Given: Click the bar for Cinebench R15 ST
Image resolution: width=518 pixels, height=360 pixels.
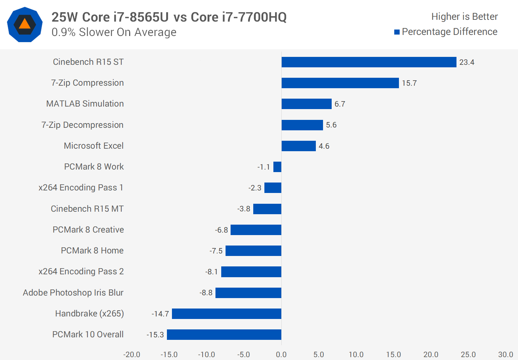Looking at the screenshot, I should pyautogui.click(x=369, y=62).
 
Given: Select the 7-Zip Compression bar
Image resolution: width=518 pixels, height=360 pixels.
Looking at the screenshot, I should pyautogui.click(x=340, y=83).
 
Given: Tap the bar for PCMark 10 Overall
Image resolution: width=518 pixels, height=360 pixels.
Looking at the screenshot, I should pyautogui.click(x=224, y=334).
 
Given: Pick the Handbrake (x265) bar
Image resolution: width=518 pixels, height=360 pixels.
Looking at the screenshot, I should pyautogui.click(x=226, y=314).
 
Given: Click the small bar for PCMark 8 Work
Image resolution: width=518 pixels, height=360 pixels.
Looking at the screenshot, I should pyautogui.click(x=277, y=167).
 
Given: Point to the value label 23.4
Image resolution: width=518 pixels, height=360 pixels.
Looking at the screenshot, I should pyautogui.click(x=467, y=62).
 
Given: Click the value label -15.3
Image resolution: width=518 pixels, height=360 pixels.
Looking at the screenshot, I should pyautogui.click(x=155, y=335).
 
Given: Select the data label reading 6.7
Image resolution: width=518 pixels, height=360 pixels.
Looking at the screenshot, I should pyautogui.click(x=340, y=104).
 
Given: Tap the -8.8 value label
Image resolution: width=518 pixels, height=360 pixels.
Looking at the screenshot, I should pyautogui.click(x=206, y=293).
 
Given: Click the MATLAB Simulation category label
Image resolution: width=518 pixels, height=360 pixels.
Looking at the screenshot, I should pyautogui.click(x=85, y=104).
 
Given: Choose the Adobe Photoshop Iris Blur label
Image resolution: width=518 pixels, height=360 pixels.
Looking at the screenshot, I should pyautogui.click(x=73, y=293).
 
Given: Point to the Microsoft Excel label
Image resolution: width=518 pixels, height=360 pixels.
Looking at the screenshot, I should pyautogui.click(x=94, y=146).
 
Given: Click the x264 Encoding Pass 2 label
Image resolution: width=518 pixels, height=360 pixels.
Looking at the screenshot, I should pyautogui.click(x=81, y=271).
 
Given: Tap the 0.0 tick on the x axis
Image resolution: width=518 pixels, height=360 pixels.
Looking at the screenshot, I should pyautogui.click(x=281, y=355).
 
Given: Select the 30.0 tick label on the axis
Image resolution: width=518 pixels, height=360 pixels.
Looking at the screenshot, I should pyautogui.click(x=505, y=355).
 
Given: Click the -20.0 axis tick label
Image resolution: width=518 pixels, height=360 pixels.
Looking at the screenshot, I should pyautogui.click(x=132, y=355).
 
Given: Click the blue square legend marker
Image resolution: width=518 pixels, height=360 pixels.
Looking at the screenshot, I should pyautogui.click(x=397, y=32).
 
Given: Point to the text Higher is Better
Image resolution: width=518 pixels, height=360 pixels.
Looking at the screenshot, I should pyautogui.click(x=464, y=17).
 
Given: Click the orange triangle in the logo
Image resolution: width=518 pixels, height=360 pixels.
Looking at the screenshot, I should pyautogui.click(x=24, y=24).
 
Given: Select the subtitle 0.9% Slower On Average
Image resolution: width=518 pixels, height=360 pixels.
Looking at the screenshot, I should pyautogui.click(x=114, y=32).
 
